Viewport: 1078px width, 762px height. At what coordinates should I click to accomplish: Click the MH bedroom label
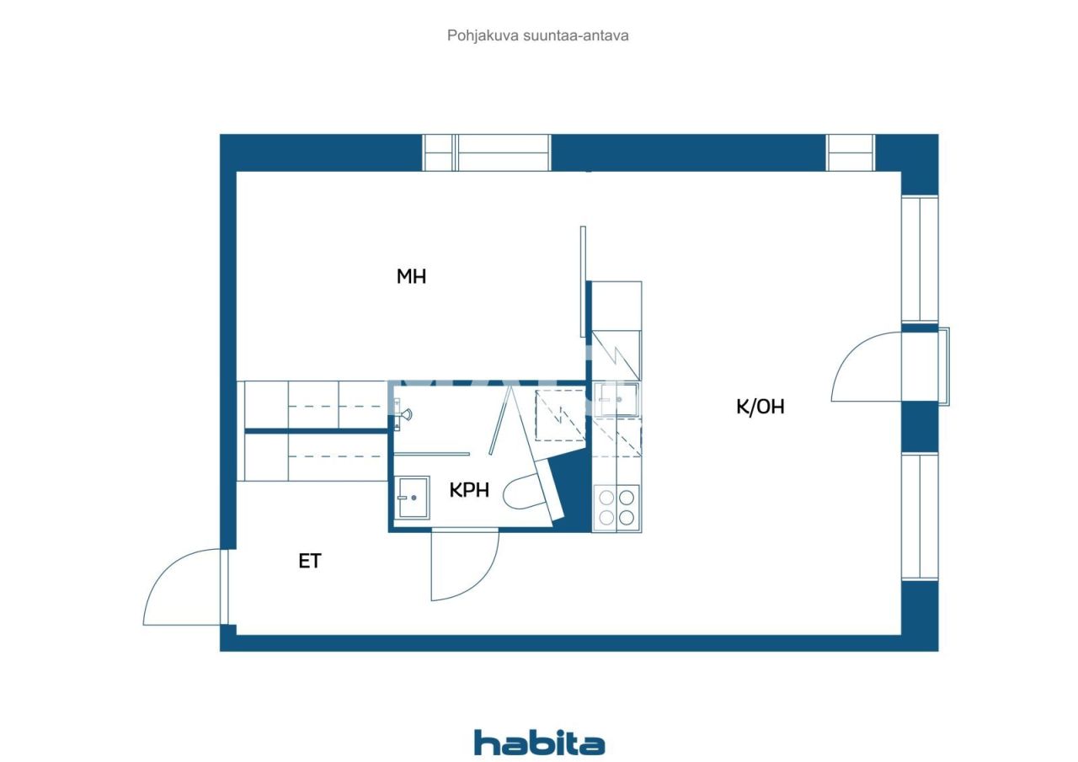(411, 276)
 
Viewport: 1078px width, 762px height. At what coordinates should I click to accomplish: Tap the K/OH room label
(760, 407)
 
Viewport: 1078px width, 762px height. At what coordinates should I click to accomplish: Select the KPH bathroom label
(469, 490)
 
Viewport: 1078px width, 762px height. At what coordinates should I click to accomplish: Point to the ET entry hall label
(310, 561)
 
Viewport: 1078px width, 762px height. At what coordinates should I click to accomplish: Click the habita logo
(539, 743)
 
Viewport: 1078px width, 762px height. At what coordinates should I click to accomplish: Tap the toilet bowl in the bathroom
(524, 493)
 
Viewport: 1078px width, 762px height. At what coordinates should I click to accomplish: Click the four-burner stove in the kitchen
(616, 507)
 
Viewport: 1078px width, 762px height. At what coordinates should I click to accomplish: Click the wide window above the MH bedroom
(487, 152)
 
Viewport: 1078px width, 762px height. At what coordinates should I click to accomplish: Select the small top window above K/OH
(851, 152)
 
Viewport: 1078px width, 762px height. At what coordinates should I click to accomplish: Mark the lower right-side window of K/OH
(920, 516)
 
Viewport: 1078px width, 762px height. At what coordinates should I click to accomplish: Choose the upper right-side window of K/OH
(920, 258)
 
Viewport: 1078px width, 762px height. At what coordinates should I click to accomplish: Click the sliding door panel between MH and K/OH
(583, 282)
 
